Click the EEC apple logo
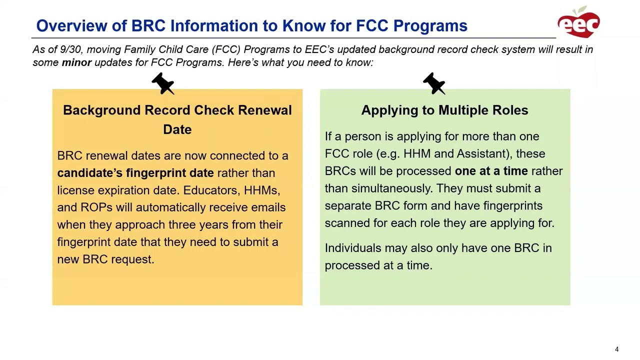[578, 22]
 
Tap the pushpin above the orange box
[163, 83]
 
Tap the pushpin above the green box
[434, 83]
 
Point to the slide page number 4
[616, 349]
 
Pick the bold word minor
[76, 62]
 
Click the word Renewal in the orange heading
[265, 110]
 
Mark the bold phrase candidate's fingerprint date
[135, 173]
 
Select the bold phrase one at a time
[491, 171]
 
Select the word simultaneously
[391, 188]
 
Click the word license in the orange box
[75, 190]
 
